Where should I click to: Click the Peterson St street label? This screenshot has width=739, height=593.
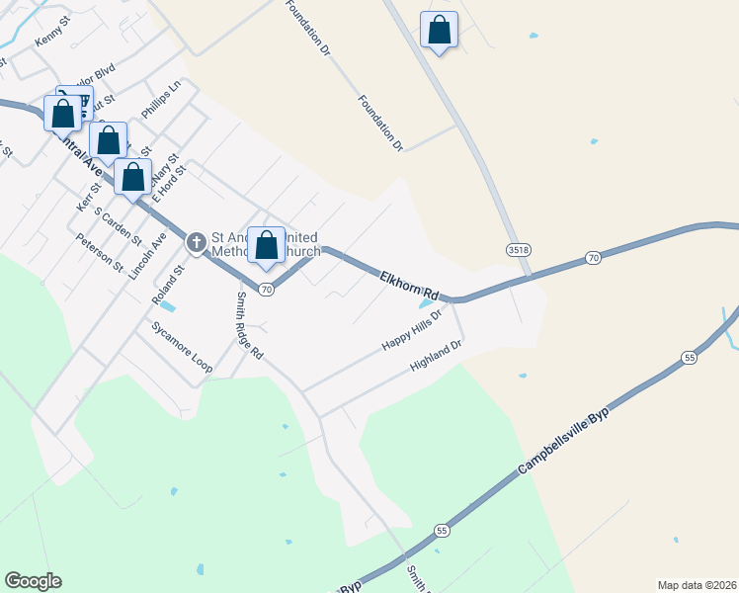coord(100,254)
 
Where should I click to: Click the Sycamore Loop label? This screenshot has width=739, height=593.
coord(182,347)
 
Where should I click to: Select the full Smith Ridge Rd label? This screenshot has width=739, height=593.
coord(250,325)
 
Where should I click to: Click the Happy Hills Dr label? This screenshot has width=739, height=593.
coord(411,329)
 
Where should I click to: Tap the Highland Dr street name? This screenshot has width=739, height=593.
coord(437,357)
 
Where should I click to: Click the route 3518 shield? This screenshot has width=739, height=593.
coord(515,247)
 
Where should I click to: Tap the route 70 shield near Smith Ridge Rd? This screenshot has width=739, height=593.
coord(267,290)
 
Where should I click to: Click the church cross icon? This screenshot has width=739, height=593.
coord(196,240)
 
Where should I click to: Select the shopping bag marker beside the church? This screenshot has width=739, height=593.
coord(266,246)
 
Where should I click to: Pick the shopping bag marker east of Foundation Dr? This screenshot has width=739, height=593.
coord(439,31)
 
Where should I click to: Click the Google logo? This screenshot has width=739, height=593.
coord(33,581)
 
